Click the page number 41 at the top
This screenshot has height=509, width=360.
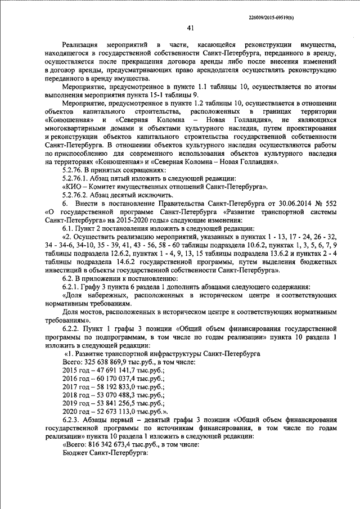pos(190,28)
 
